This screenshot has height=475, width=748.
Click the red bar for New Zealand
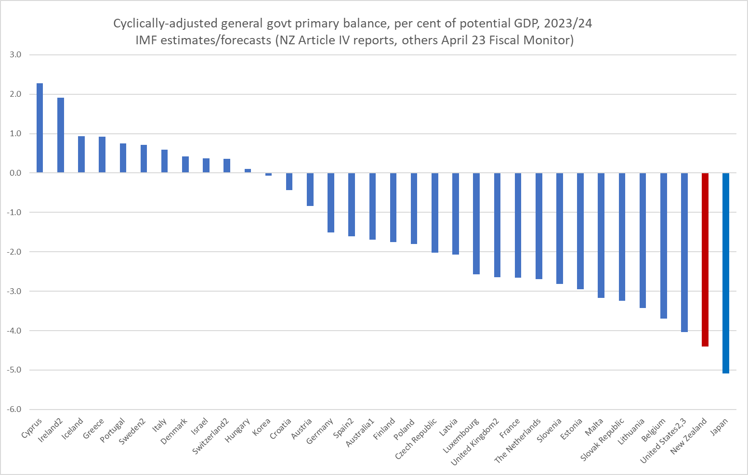[x=705, y=259]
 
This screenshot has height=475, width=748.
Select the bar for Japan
[x=725, y=273]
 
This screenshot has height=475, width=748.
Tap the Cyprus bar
[x=39, y=128]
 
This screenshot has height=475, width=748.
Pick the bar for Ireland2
[x=61, y=135]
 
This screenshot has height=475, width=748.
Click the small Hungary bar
[x=248, y=171]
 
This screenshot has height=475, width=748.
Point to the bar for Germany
[x=331, y=203]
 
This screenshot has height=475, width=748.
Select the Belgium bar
[x=663, y=245]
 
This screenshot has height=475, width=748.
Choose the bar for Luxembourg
[x=476, y=223]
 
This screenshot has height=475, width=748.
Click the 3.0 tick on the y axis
[x=15, y=55]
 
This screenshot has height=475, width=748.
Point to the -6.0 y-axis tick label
[x=14, y=410]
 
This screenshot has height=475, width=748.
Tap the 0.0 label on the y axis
[x=15, y=173]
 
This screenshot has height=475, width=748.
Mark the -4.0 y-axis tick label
[x=14, y=331]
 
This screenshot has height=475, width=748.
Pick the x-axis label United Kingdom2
[x=475, y=442]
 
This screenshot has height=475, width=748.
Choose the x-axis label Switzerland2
[x=210, y=436]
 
